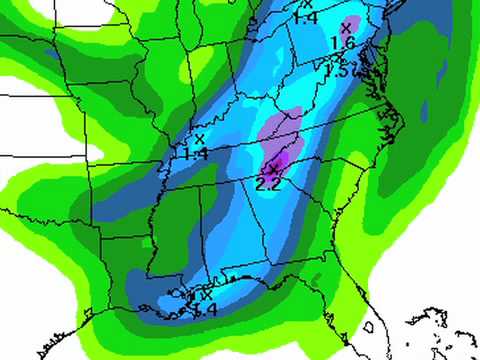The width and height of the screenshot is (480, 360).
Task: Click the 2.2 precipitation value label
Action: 268,184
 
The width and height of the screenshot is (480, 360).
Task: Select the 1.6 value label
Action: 342,43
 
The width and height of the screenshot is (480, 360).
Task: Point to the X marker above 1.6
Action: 346,27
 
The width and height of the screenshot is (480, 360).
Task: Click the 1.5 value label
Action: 337,70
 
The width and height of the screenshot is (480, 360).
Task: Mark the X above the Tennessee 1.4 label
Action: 199,139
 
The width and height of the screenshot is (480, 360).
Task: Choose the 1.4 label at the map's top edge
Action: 305,17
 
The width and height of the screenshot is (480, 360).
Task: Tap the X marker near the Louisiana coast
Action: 206,295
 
